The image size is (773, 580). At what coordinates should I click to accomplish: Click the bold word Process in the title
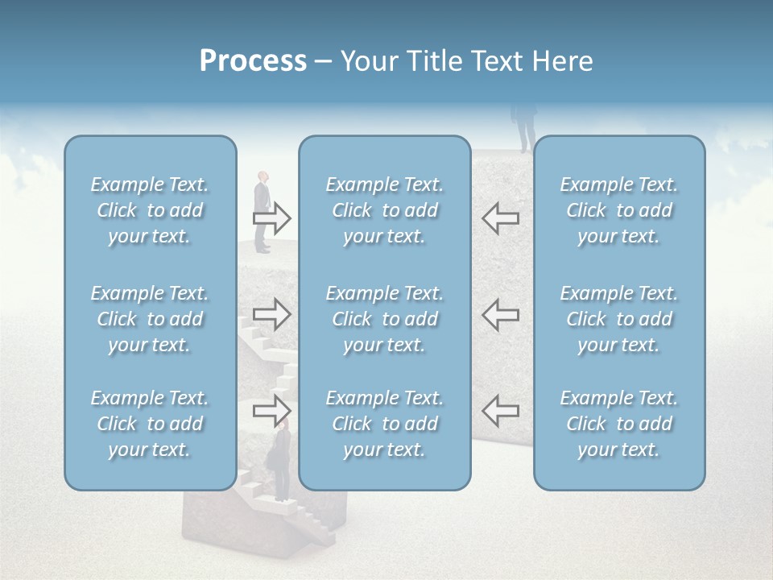click(x=253, y=61)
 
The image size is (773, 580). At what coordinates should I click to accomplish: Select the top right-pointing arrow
click(x=271, y=218)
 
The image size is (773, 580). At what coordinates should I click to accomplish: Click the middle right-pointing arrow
click(x=271, y=314)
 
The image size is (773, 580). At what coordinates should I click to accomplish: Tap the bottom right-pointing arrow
click(x=271, y=411)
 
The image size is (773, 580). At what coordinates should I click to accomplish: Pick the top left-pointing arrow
click(x=500, y=218)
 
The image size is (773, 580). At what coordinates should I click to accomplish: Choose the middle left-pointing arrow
click(x=500, y=314)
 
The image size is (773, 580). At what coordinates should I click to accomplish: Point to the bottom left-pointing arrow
click(x=500, y=411)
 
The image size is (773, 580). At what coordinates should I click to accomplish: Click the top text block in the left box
click(x=150, y=210)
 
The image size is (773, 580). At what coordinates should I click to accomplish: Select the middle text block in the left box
click(x=150, y=319)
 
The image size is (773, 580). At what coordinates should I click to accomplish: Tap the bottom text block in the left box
click(x=150, y=424)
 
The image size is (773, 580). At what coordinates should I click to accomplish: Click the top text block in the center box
click(x=384, y=210)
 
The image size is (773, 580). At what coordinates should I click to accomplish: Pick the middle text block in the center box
click(x=384, y=319)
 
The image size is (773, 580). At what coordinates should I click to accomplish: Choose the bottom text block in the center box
click(x=384, y=424)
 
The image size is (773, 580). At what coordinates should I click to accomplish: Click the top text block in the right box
click(x=618, y=210)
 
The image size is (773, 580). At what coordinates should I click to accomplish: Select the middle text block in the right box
click(x=618, y=319)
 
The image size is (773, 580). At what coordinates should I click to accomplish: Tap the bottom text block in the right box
click(x=618, y=424)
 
